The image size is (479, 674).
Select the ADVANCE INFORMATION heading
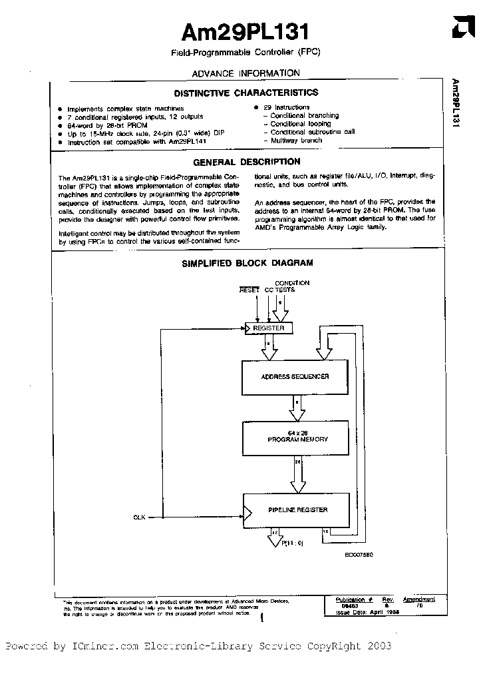[245, 73]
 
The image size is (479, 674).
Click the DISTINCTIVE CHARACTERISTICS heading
[245, 93]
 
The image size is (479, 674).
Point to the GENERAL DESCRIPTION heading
[246, 162]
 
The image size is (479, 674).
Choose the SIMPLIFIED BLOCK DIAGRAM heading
[247, 263]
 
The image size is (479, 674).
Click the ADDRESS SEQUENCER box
[294, 377]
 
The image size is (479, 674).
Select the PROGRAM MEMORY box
[297, 436]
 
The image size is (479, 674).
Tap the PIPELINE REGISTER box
[297, 510]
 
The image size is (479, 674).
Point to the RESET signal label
[249, 290]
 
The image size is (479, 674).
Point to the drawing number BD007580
[359, 554]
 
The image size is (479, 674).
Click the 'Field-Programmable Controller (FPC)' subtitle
[245, 53]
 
